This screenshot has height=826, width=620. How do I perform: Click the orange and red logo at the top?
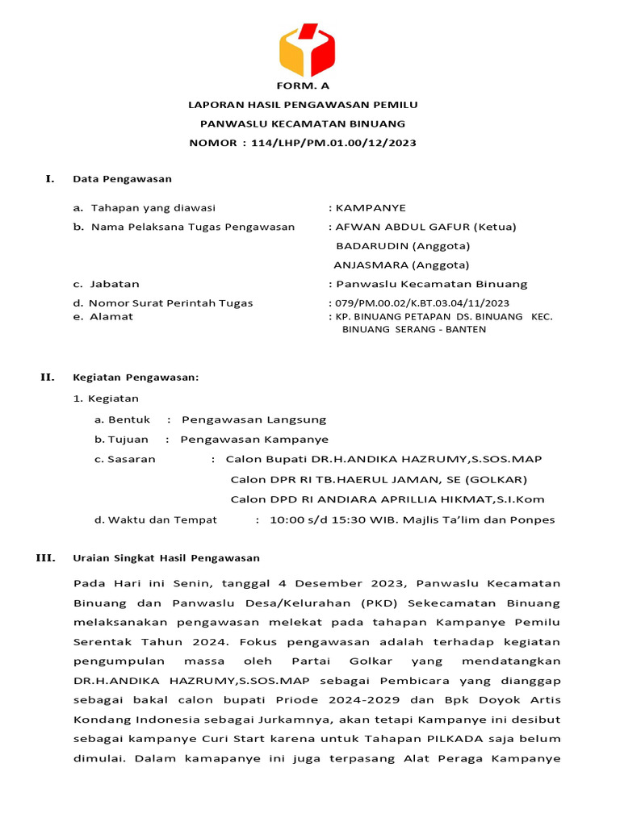pyautogui.click(x=307, y=50)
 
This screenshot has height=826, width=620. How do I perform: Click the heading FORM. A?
pyautogui.click(x=303, y=85)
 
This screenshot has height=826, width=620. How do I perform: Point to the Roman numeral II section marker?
pyautogui.click(x=48, y=377)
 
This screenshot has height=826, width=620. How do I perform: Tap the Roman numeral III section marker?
pyautogui.click(x=48, y=557)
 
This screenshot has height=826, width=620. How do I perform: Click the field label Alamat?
pyautogui.click(x=112, y=316)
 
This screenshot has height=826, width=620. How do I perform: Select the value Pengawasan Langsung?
pyautogui.click(x=253, y=419)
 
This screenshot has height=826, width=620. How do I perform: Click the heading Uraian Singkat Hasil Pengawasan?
pyautogui.click(x=166, y=557)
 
